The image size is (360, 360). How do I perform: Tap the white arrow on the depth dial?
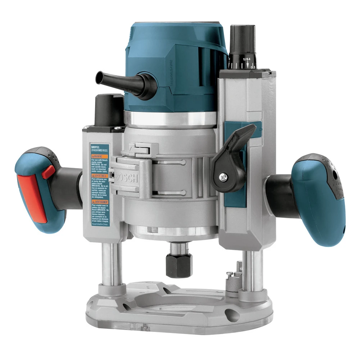point(247,65)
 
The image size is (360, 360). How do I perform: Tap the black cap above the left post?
point(108,108)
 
